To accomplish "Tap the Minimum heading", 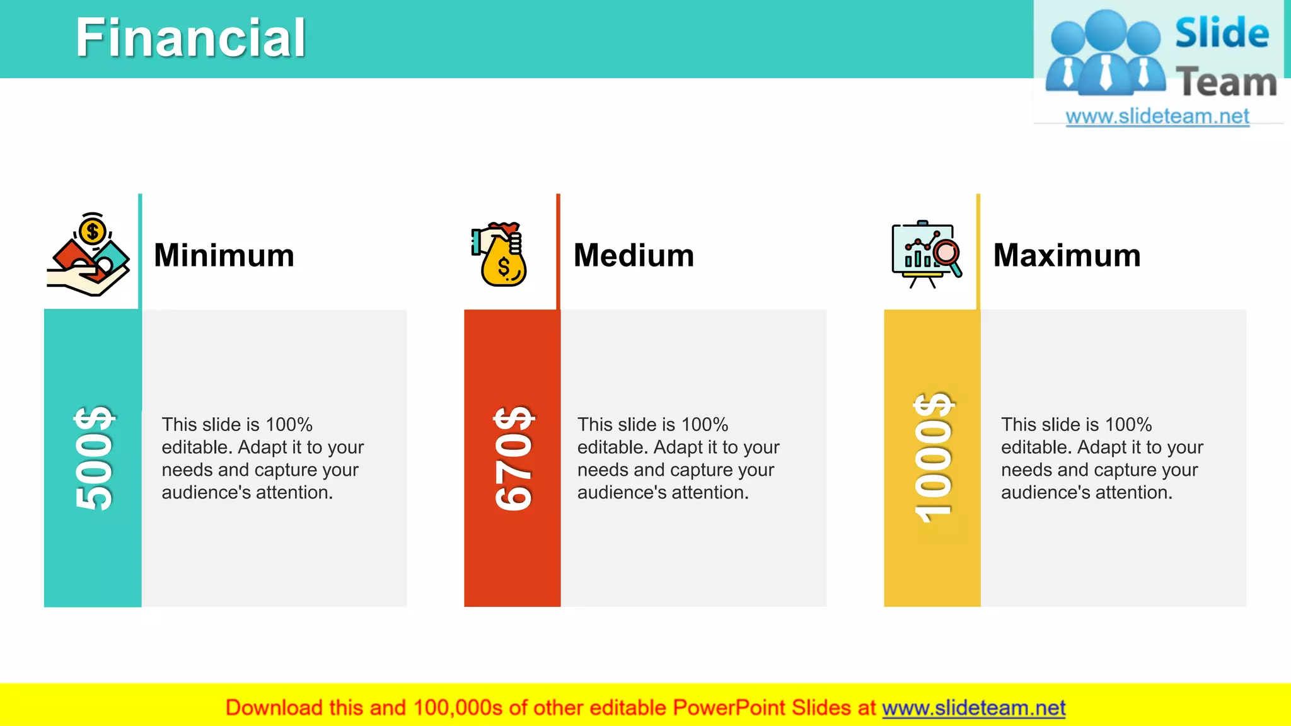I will (x=224, y=255).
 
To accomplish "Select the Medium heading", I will (x=634, y=255).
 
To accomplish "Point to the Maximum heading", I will (x=1067, y=255).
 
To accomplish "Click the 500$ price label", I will (x=94, y=458).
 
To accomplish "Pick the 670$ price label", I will (x=514, y=458).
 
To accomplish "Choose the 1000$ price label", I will (x=934, y=458).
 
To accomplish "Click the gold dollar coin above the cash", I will (x=93, y=231).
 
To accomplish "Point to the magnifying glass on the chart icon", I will (x=947, y=255).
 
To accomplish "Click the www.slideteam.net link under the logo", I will (x=1157, y=116).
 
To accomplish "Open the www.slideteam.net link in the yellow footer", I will (x=973, y=708).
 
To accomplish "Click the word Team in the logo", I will (x=1226, y=82).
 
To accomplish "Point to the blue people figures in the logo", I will (x=1105, y=54).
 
